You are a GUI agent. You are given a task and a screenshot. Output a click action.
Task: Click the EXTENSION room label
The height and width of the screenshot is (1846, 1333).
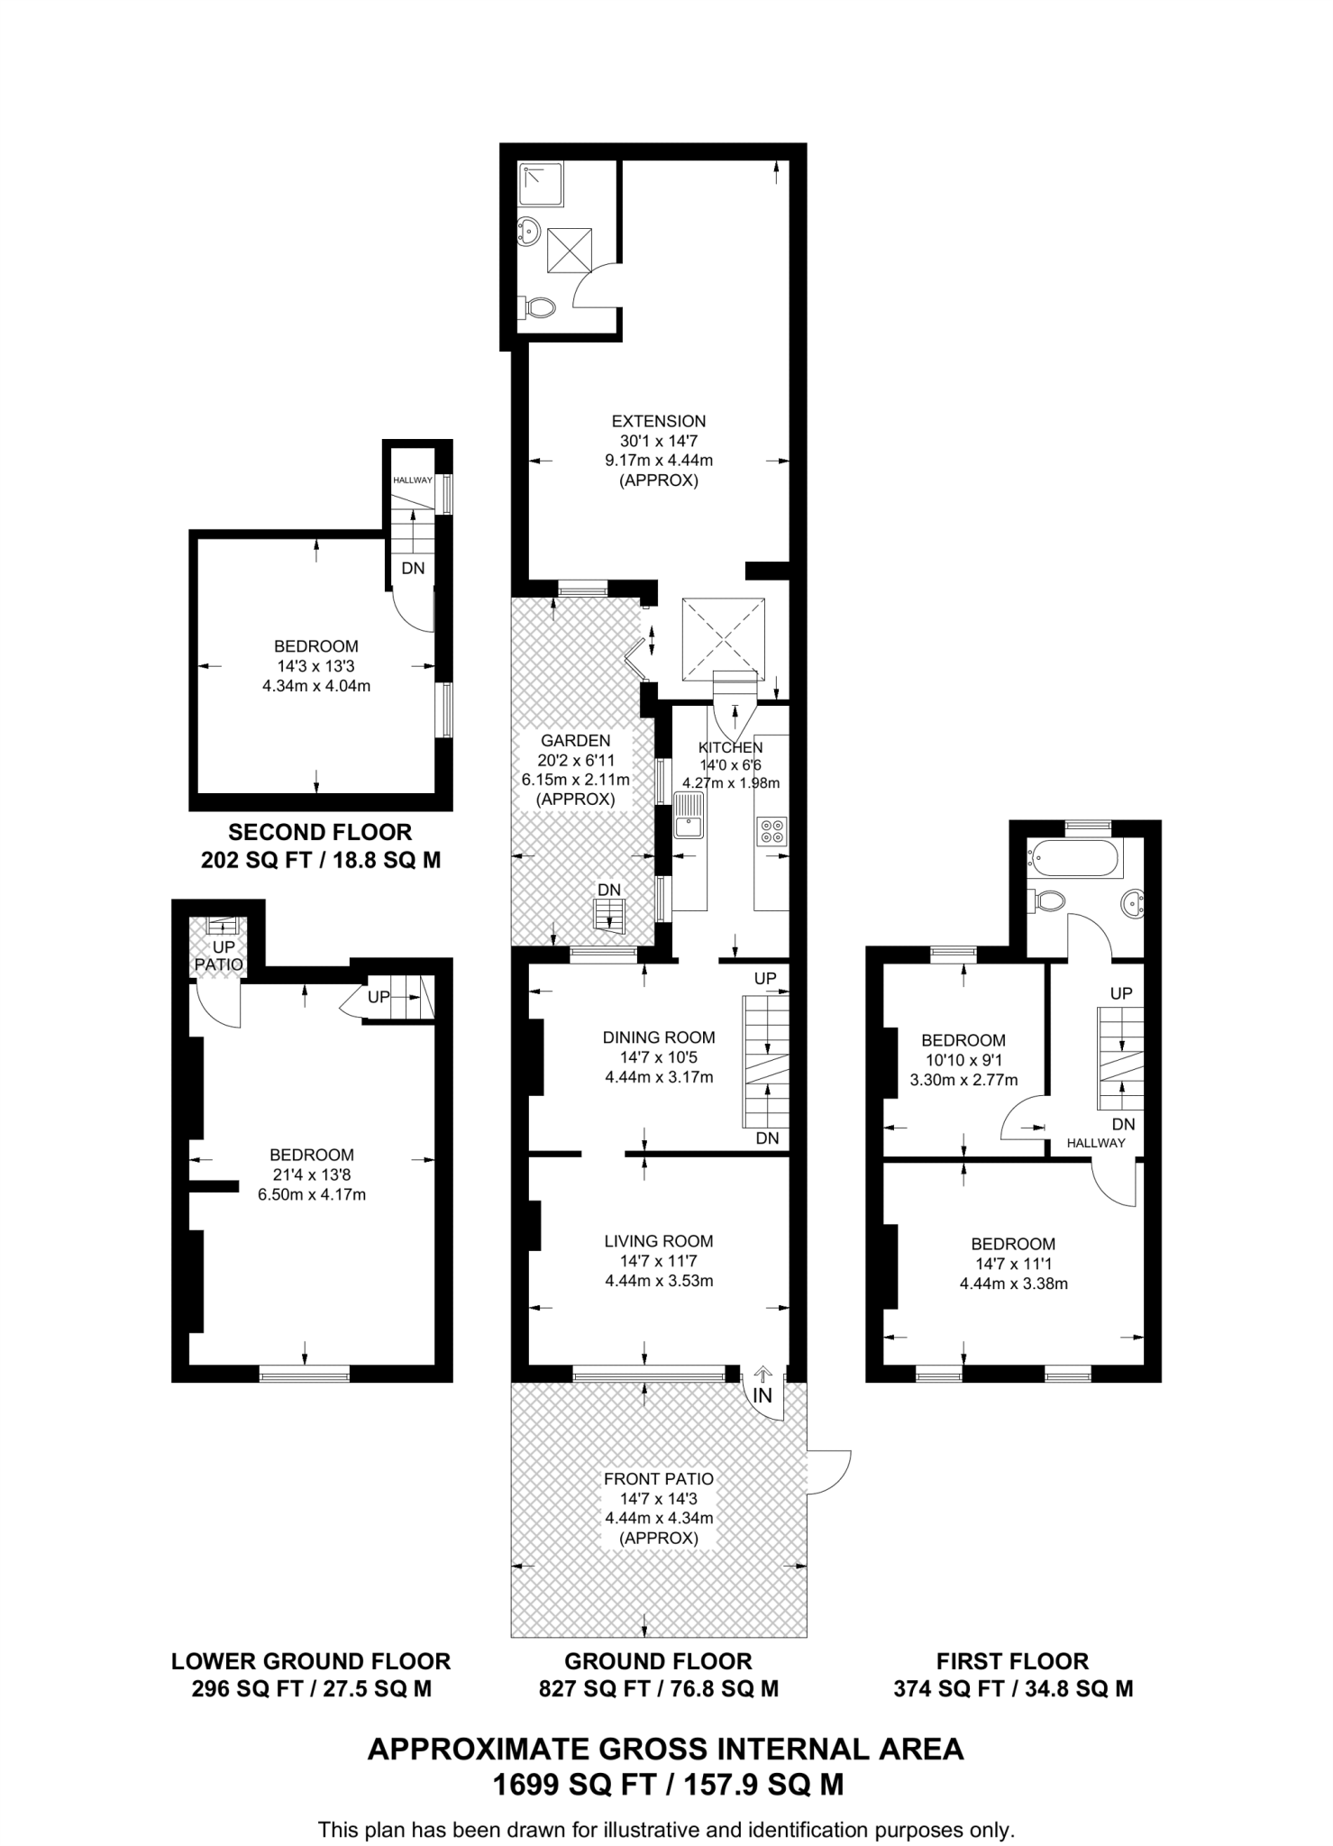pos(658,421)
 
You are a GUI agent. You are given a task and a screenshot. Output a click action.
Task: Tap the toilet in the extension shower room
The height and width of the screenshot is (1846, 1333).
pos(538,307)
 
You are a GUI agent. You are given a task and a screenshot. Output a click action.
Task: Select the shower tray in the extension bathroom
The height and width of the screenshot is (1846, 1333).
pos(542,184)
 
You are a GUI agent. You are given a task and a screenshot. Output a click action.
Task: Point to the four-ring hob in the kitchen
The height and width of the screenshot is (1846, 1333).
pos(772,830)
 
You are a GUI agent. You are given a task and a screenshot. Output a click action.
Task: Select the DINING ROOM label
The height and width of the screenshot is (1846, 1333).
pos(659,1037)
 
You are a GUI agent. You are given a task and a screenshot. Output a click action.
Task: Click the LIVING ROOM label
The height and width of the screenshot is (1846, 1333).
pos(659,1241)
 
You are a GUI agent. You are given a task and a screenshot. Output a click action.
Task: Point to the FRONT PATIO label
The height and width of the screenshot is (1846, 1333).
pos(659,1479)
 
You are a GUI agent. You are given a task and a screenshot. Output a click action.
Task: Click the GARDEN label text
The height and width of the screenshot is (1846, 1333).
pos(575,741)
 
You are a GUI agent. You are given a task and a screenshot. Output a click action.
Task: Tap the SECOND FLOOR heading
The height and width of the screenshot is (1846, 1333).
pos(320,833)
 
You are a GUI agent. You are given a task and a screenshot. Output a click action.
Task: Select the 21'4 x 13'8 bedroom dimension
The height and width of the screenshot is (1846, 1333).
pos(311,1174)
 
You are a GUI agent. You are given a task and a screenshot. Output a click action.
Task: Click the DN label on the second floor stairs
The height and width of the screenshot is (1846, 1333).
pos(413,569)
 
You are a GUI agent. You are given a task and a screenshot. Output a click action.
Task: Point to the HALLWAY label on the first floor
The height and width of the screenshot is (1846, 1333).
pos(1096,1143)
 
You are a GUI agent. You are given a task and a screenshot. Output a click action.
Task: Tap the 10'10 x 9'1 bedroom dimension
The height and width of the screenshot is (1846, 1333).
pos(963,1060)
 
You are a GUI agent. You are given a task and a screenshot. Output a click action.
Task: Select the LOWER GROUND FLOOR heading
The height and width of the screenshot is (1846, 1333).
pos(311,1661)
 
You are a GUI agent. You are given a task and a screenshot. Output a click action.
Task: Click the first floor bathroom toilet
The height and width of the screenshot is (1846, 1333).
pos(1049,899)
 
